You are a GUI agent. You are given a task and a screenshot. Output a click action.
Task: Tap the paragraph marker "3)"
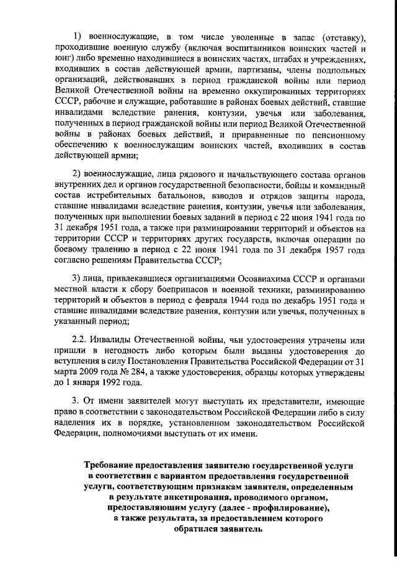[78, 277]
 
